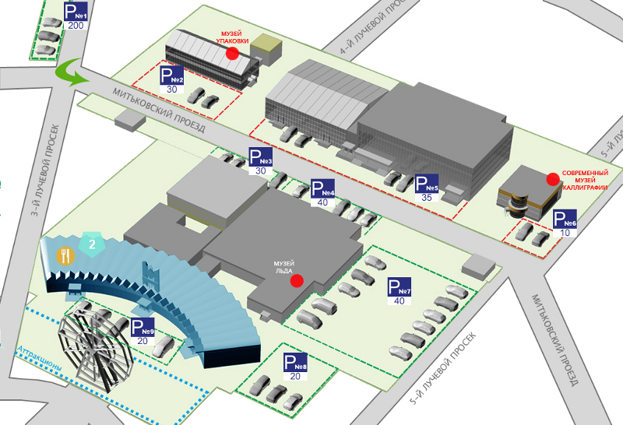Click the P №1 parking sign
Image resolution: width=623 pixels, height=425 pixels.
[x=76, y=12]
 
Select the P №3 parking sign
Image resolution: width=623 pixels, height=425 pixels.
[x=260, y=156]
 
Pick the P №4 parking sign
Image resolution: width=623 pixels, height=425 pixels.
[x=322, y=188]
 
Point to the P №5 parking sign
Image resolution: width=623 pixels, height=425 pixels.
[x=427, y=184]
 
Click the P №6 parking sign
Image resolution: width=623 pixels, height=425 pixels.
[x=565, y=220]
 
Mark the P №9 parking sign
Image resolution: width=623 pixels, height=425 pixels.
[x=143, y=328]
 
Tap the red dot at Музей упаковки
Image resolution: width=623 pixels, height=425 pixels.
[x=232, y=53]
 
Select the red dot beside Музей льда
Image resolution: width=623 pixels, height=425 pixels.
[x=296, y=282]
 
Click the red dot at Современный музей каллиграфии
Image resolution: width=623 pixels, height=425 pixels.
[x=553, y=179]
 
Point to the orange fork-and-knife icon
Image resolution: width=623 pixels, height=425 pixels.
[x=65, y=255]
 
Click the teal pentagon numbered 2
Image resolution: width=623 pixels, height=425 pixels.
[x=92, y=244]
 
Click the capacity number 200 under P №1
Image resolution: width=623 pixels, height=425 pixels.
[x=76, y=25]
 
